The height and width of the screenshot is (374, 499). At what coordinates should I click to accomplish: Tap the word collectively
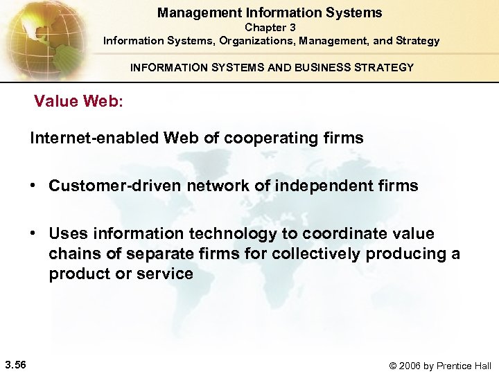point(316,253)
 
